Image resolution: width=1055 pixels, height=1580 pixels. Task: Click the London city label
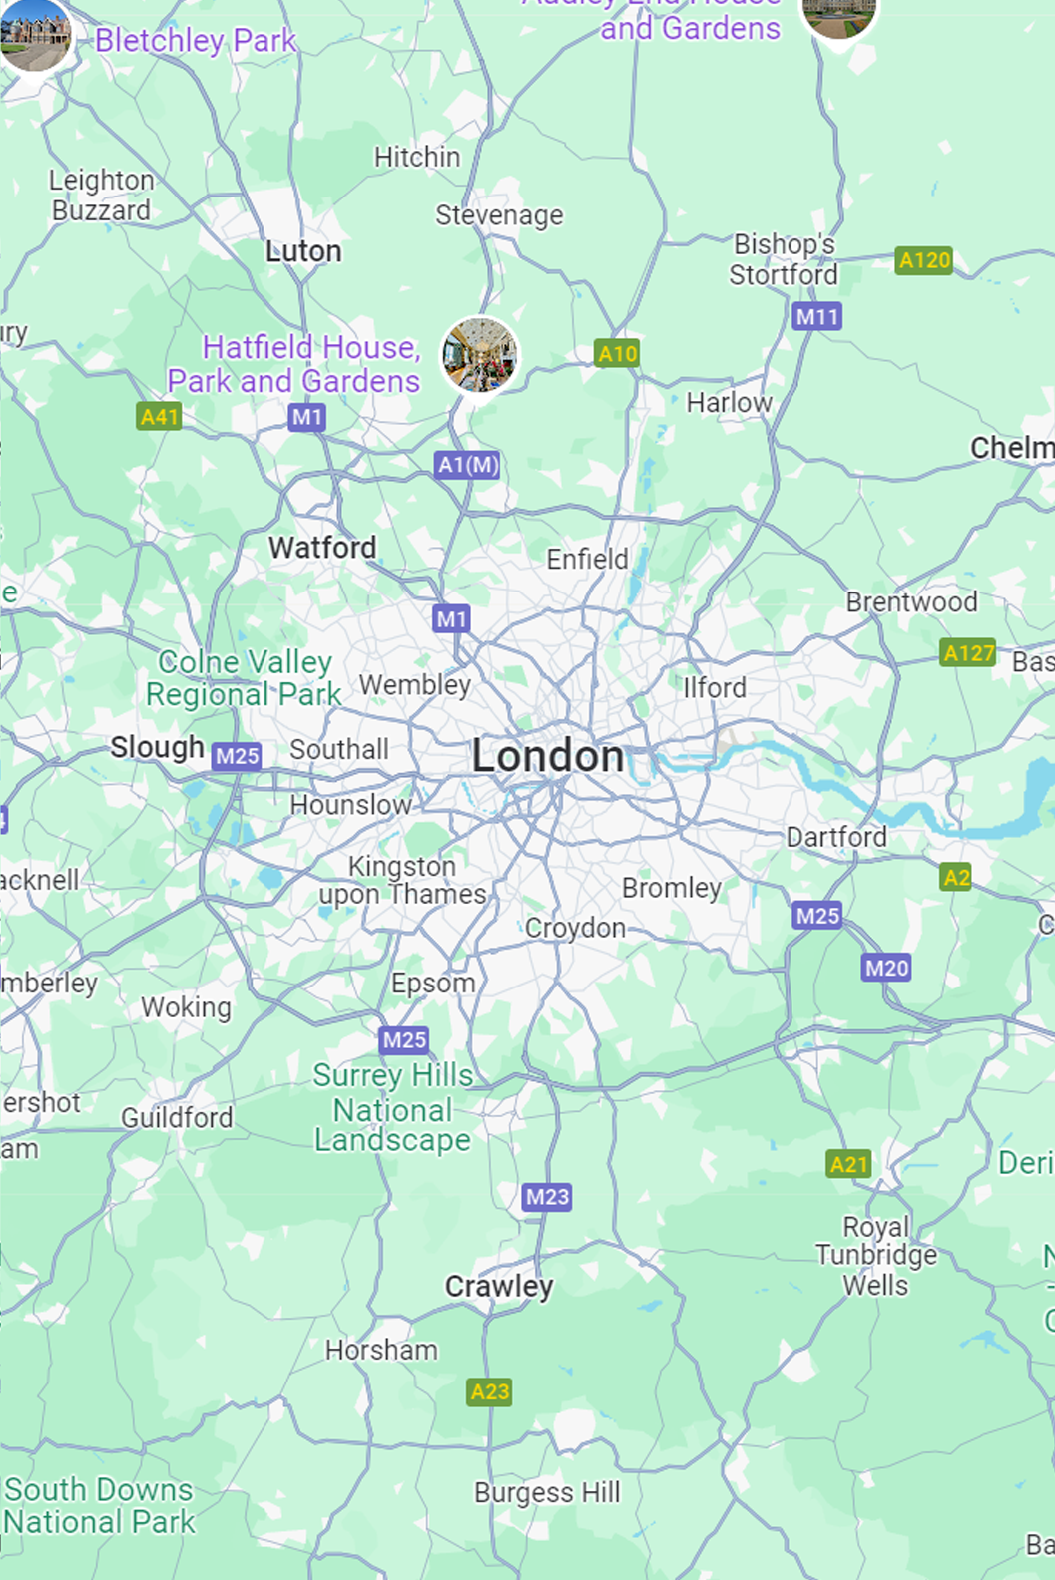[x=548, y=756]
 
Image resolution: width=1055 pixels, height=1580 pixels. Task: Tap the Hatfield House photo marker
[x=480, y=355]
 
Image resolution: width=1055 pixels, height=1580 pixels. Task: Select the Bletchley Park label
[x=196, y=41]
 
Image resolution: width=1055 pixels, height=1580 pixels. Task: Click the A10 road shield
[x=617, y=353]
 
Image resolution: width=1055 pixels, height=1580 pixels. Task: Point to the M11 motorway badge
[x=817, y=317]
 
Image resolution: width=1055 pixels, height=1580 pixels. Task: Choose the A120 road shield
[x=924, y=260]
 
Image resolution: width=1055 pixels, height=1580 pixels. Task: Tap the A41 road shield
[x=159, y=416]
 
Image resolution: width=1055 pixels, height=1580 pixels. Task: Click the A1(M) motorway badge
[x=468, y=465]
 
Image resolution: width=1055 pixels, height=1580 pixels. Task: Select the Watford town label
[x=322, y=548]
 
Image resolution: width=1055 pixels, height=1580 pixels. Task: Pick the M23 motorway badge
[x=547, y=1196]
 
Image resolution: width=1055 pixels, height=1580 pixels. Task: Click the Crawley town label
[x=499, y=1287]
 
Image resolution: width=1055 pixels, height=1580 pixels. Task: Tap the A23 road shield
[x=489, y=1391]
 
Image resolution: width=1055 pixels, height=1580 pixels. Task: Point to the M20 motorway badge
[x=886, y=968]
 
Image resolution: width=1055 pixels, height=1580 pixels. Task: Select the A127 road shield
[x=968, y=653]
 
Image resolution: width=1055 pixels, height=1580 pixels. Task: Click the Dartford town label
[x=836, y=837]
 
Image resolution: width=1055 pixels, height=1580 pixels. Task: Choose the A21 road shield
[x=849, y=1164]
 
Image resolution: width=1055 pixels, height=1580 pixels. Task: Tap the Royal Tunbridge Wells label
[x=876, y=1255]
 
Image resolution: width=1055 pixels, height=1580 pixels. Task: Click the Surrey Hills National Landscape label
[x=393, y=1108]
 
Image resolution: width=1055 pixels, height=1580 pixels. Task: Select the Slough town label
[x=157, y=747]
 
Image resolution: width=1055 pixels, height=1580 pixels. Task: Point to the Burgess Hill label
[x=547, y=1492]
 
